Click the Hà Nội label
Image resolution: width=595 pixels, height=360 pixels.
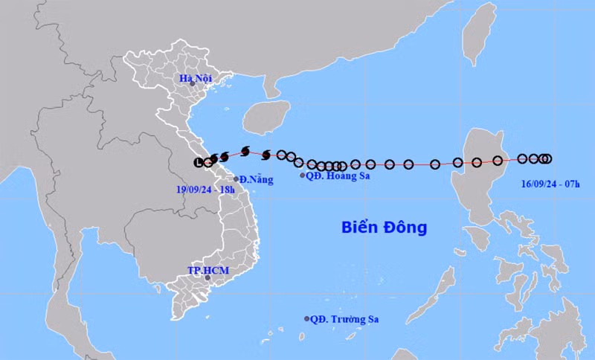click(196, 77)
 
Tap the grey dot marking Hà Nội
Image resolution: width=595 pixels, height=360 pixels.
click(193, 84)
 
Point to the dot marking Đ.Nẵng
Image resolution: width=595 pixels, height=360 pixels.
click(237, 179)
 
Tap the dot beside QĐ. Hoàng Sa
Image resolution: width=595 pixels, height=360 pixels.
click(302, 176)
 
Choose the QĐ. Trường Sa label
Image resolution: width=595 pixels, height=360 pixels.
click(344, 319)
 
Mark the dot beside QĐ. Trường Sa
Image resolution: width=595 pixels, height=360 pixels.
click(306, 319)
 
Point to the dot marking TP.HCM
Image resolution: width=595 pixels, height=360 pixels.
click(197, 278)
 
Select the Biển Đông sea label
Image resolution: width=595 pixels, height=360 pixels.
click(384, 228)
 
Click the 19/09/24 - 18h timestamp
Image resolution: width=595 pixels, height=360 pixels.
click(202, 190)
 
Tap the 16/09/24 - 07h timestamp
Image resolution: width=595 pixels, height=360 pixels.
click(550, 181)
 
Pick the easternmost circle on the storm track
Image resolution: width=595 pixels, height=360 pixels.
click(547, 158)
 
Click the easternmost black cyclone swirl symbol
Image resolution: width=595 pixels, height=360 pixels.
click(266, 155)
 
